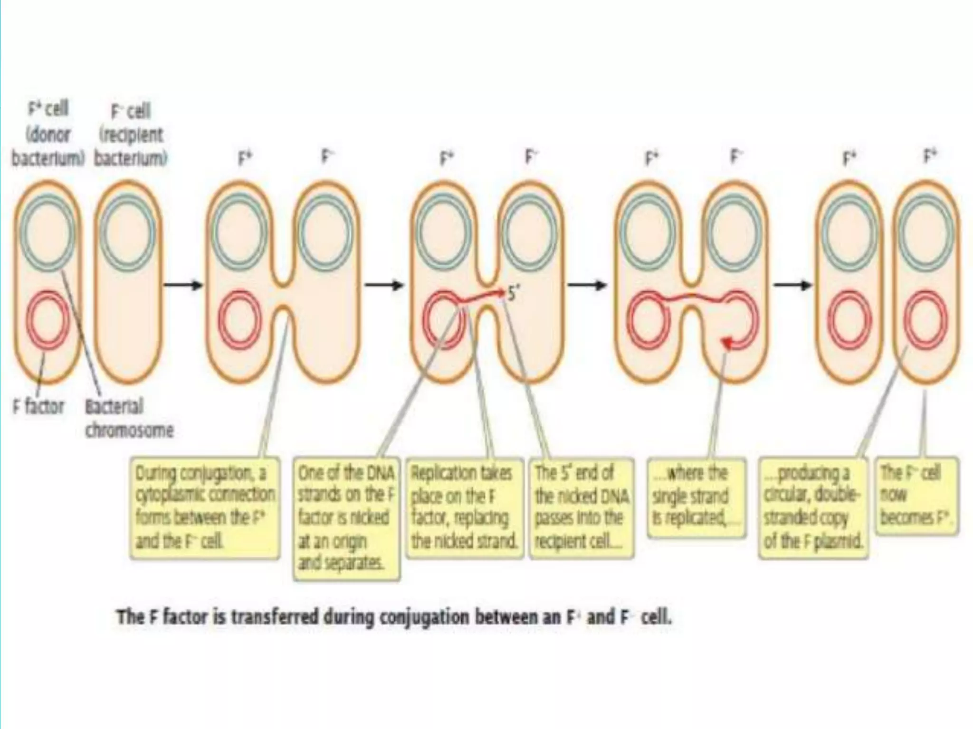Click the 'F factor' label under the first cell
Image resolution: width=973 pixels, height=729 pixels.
38,407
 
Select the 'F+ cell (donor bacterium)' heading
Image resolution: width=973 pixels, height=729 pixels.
48,134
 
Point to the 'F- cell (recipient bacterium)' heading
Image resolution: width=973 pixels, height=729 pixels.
131,135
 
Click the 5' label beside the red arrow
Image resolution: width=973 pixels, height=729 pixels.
512,294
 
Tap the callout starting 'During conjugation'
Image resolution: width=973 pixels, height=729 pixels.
205,507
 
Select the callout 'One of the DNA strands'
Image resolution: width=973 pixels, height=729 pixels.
346,518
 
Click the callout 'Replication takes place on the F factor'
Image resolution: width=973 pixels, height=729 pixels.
464,507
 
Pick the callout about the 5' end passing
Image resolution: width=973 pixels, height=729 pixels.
582,507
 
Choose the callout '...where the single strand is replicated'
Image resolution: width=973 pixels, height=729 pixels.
696,496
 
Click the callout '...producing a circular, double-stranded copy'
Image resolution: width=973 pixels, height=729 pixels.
813,507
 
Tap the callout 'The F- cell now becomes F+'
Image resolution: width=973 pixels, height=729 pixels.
916,495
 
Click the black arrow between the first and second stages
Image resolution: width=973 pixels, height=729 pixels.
183,285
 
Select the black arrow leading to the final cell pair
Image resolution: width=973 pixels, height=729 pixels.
793,285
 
